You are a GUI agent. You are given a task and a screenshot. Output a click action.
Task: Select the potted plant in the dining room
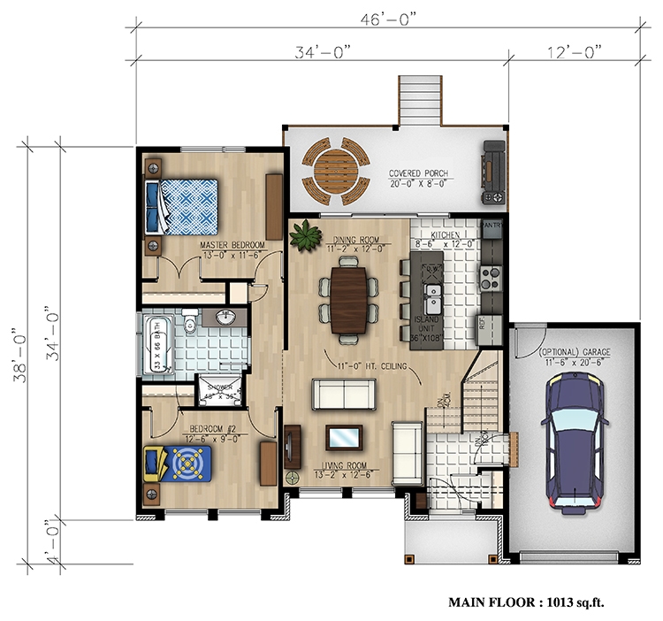pyautogui.click(x=306, y=234)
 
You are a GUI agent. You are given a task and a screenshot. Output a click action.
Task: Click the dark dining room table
pyautogui.click(x=349, y=301)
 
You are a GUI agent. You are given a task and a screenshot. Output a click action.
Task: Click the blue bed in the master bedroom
pyautogui.click(x=185, y=204)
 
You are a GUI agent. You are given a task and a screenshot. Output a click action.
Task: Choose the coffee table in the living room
pyautogui.click(x=344, y=436)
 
